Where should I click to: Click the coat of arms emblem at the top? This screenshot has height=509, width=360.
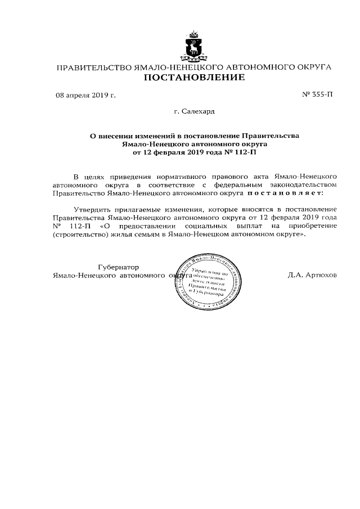click(195, 47)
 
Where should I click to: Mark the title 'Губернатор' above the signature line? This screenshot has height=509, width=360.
click(118, 267)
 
